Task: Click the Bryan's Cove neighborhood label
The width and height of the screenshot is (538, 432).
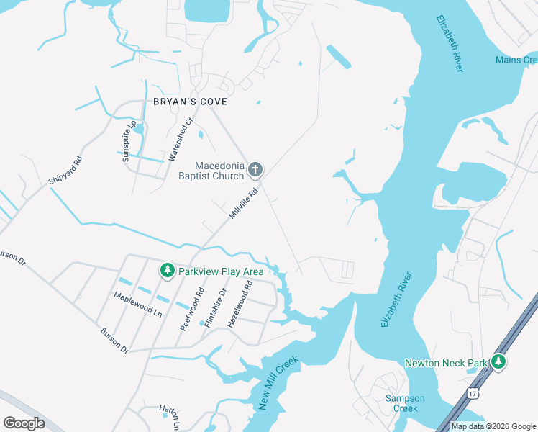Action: click(190, 102)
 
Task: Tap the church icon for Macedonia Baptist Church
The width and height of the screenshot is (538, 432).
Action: click(255, 171)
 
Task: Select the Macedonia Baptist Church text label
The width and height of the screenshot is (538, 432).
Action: click(210, 171)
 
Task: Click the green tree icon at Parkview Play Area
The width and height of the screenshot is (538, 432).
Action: click(168, 271)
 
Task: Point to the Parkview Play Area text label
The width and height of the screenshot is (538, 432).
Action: click(221, 271)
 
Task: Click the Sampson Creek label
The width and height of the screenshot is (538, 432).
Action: click(405, 403)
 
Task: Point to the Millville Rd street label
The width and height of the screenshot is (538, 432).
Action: click(243, 204)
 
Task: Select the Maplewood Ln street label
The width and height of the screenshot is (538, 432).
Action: click(137, 304)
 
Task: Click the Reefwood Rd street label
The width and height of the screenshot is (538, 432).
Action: click(192, 309)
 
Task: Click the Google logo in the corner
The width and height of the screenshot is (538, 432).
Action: click(24, 423)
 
